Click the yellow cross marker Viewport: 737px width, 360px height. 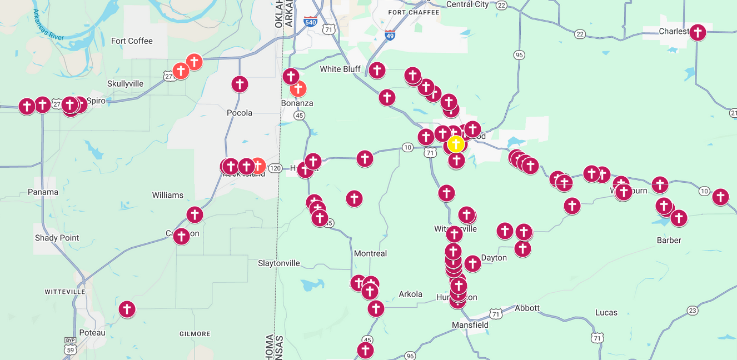(456, 144)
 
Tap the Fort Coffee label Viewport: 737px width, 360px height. (132, 41)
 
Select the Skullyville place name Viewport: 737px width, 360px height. (125, 84)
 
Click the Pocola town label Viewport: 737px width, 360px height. (240, 113)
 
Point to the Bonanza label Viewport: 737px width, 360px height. (297, 103)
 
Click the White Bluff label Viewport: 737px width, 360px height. (340, 69)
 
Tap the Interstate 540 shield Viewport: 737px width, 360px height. (311, 22)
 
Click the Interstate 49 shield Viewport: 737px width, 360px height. (390, 35)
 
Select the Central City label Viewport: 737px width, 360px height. (467, 4)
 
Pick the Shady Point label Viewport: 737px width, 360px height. (57, 238)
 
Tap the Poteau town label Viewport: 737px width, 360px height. (92, 332)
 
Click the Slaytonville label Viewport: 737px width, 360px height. (279, 263)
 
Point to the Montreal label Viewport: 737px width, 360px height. (370, 253)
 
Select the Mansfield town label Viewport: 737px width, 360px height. (470, 325)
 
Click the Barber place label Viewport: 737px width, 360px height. (669, 241)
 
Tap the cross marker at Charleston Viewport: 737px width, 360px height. (698, 32)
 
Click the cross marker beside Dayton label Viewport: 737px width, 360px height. (472, 263)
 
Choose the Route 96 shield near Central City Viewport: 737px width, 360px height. (520, 54)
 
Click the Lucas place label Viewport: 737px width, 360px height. (606, 313)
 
